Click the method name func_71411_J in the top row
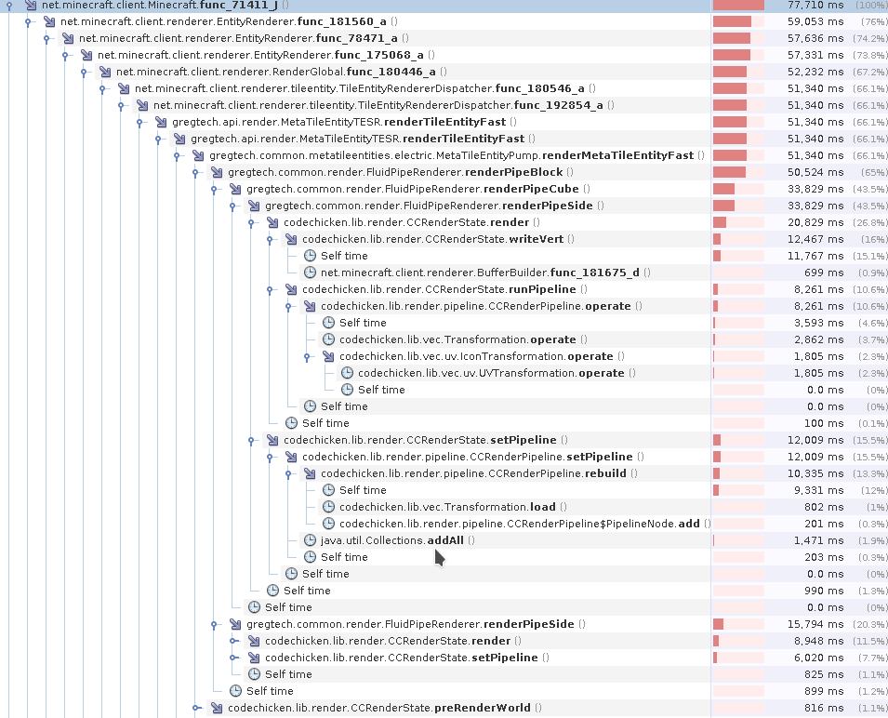(238, 6)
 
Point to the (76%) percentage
(873, 21)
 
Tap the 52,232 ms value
(814, 72)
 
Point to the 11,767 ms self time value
(814, 256)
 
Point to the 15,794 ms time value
(814, 624)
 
